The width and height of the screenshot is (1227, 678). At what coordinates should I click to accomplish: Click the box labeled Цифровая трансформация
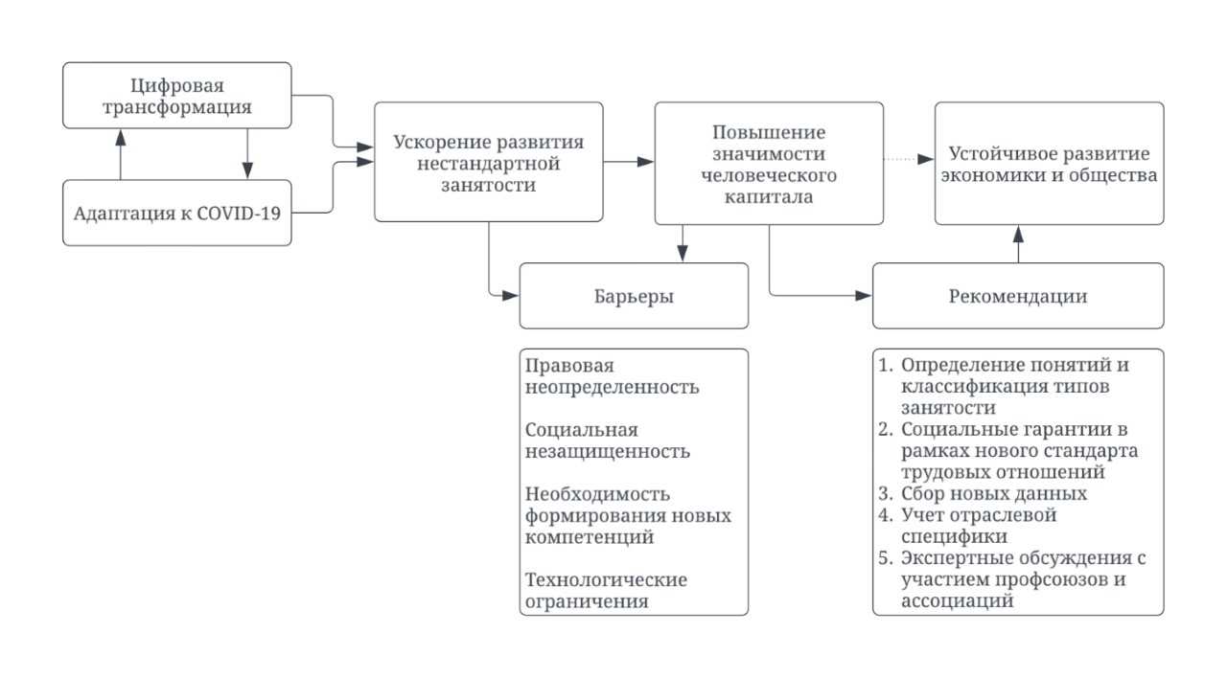pyautogui.click(x=177, y=96)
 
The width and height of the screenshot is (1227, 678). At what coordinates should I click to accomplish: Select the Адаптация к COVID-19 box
pyautogui.click(x=177, y=213)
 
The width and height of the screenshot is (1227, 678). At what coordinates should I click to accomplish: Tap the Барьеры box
pyautogui.click(x=634, y=296)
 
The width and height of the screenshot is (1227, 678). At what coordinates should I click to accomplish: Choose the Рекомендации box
pyautogui.click(x=1018, y=296)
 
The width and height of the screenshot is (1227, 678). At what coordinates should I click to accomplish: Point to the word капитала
pyautogui.click(x=769, y=196)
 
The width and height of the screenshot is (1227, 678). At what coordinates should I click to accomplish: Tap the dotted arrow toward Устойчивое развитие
pyautogui.click(x=909, y=159)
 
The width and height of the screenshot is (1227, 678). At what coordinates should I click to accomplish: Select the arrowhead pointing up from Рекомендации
pyautogui.click(x=1018, y=235)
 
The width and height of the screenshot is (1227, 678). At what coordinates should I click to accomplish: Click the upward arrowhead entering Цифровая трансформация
pyautogui.click(x=121, y=138)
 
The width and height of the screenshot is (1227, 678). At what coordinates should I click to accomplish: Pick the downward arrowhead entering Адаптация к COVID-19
pyautogui.click(x=247, y=170)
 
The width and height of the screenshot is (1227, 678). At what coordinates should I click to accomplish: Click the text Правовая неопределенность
pyautogui.click(x=612, y=376)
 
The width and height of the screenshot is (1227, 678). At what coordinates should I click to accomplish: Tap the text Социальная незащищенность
pyautogui.click(x=608, y=441)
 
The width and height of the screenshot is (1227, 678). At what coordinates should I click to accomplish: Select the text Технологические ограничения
pyautogui.click(x=606, y=591)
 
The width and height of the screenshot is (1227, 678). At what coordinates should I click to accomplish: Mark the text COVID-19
pyautogui.click(x=239, y=213)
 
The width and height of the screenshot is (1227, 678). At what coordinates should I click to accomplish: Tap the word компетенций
pyautogui.click(x=590, y=537)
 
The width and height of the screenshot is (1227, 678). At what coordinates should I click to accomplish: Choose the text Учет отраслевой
pyautogui.click(x=979, y=515)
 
